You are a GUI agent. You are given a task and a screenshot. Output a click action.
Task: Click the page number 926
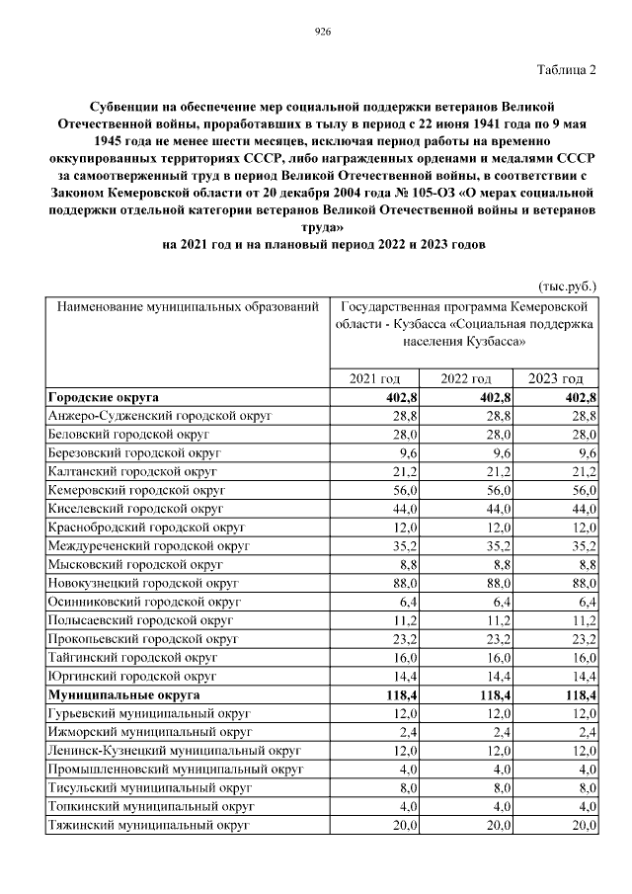coord(321,32)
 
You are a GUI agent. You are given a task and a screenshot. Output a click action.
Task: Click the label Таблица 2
coord(567,69)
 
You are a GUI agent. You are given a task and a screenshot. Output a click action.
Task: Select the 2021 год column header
coord(374,378)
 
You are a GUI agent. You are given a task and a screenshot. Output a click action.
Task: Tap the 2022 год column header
coord(465,378)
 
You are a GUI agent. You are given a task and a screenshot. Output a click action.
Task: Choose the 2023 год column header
coord(555,378)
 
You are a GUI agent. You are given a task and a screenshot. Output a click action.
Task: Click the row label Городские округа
coord(104,397)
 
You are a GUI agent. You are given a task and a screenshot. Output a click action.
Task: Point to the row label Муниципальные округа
coord(122,694)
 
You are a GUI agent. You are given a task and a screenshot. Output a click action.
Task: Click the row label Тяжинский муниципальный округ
coord(147,825)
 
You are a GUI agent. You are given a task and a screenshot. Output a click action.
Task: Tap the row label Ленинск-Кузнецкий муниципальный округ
coord(174,751)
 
